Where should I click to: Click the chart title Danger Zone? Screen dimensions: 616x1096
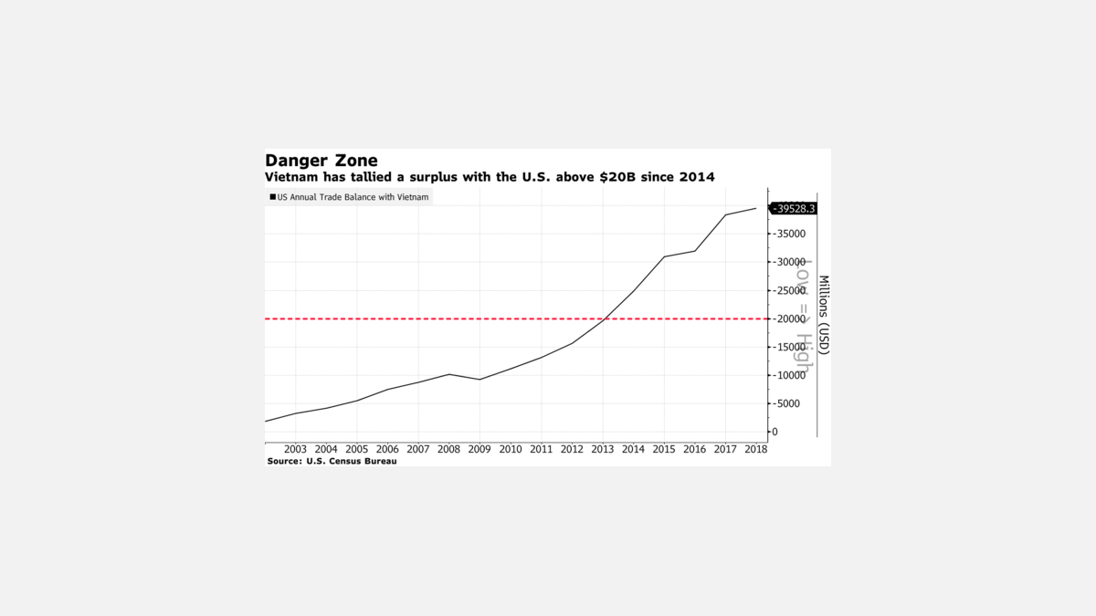pyautogui.click(x=321, y=161)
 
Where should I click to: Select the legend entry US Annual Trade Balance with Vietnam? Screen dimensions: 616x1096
pyautogui.click(x=353, y=197)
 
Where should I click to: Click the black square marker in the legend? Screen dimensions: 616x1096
pyautogui.click(x=272, y=197)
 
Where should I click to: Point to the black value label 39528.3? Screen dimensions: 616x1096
pyautogui.click(x=794, y=208)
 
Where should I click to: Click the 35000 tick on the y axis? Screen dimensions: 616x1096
pyautogui.click(x=790, y=234)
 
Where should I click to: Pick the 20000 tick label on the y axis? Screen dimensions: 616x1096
pyautogui.click(x=790, y=318)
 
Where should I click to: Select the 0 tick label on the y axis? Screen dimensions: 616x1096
pyautogui.click(x=775, y=432)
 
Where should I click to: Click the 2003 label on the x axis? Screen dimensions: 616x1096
pyautogui.click(x=295, y=449)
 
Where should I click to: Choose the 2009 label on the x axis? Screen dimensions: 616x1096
pyautogui.click(x=479, y=449)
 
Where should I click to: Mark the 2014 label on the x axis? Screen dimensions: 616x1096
pyautogui.click(x=633, y=449)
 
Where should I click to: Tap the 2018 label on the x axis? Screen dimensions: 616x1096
pyautogui.click(x=755, y=449)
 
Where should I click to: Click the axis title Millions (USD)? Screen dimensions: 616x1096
pyautogui.click(x=823, y=315)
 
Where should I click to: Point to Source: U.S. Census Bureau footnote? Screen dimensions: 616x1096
pyautogui.click(x=332, y=462)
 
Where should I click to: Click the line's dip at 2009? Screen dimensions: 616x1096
pyautogui.click(x=479, y=380)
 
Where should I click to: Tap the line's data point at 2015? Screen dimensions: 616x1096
pyautogui.click(x=664, y=256)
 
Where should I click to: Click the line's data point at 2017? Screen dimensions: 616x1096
pyautogui.click(x=725, y=215)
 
